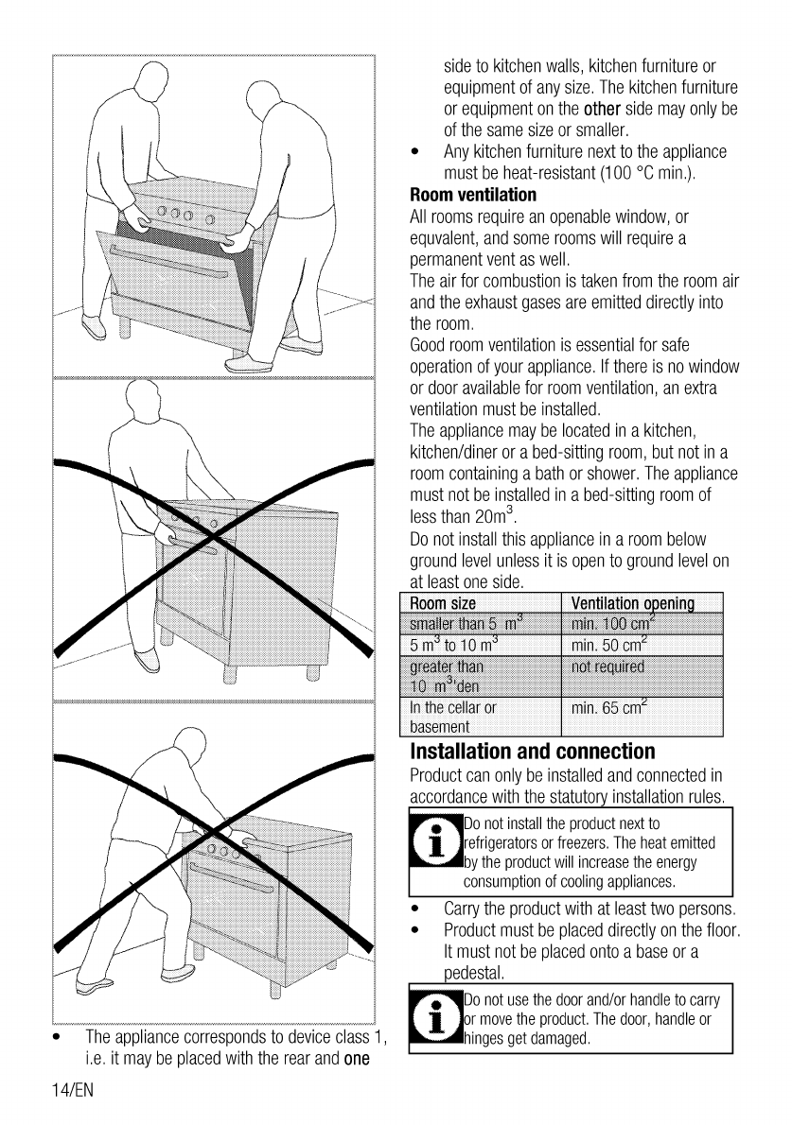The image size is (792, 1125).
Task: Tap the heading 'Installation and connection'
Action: tap(533, 753)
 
